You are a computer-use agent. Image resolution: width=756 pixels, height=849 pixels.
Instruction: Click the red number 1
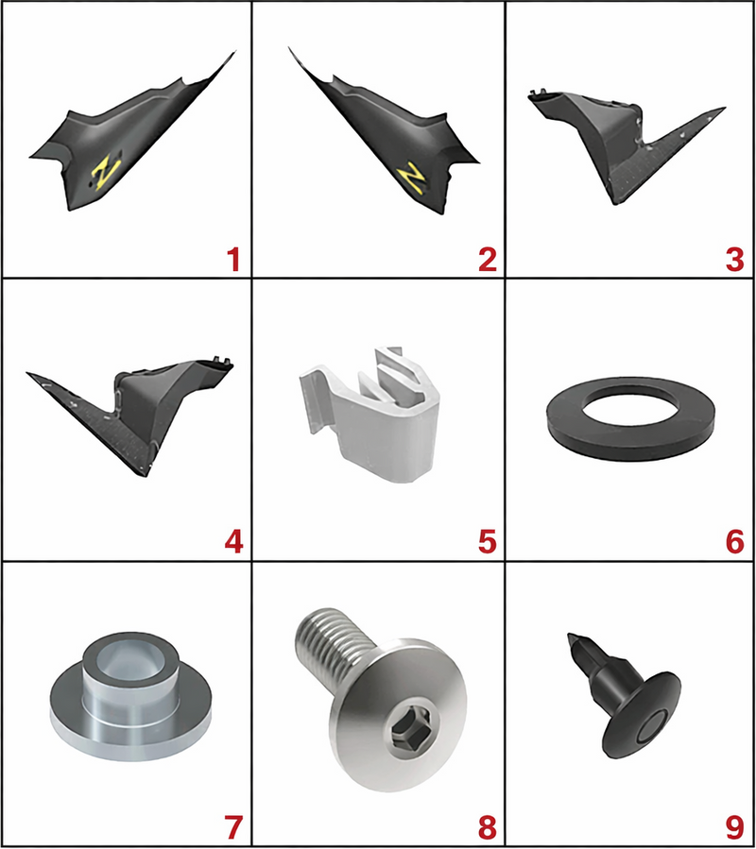coord(233,260)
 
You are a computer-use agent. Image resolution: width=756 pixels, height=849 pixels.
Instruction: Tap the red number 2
coord(488,260)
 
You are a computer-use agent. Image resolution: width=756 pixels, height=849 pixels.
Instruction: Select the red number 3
coord(735,260)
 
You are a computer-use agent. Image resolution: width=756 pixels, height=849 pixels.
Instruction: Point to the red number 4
coord(234,541)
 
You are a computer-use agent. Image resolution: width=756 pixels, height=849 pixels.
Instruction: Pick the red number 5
coord(488,541)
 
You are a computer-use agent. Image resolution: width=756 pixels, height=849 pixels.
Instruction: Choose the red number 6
coord(735,541)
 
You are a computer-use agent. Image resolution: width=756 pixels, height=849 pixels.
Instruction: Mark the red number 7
coord(233,826)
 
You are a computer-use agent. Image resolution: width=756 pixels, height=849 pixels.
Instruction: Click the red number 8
coord(488,826)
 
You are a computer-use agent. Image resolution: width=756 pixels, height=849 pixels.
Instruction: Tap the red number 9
coord(735,826)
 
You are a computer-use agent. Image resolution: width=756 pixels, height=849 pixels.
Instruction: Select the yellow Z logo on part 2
coord(410,177)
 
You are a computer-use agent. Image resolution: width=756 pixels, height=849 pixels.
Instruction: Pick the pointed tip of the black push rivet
coord(569,635)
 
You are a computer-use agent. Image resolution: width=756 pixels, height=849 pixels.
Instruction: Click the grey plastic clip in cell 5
coord(369,413)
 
